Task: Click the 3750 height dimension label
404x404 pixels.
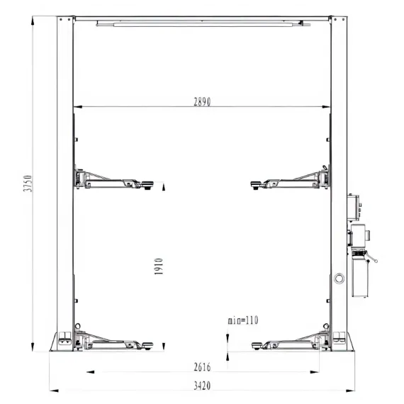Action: pyautogui.click(x=28, y=183)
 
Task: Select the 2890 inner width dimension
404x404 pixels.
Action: pyautogui.click(x=202, y=102)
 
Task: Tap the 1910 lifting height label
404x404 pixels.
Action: pyautogui.click(x=159, y=266)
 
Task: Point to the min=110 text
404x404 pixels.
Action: pyautogui.click(x=242, y=320)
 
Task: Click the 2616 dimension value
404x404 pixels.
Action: pyautogui.click(x=202, y=367)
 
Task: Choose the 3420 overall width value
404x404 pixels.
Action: pyautogui.click(x=202, y=386)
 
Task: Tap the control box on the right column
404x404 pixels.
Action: pyautogui.click(x=353, y=208)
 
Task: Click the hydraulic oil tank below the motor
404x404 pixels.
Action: pyautogui.click(x=360, y=279)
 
